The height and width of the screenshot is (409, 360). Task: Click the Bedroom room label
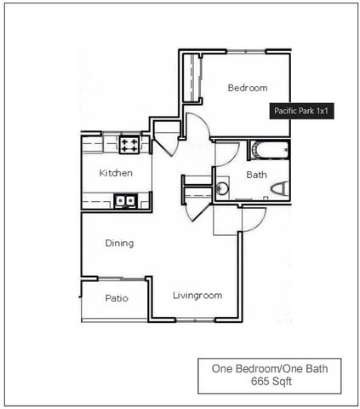[x=248, y=88]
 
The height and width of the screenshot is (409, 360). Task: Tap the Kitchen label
[x=116, y=173]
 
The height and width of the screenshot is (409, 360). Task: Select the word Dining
[x=119, y=244]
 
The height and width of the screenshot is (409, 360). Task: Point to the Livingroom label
[x=197, y=296]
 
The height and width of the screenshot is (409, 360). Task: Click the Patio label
[x=117, y=298]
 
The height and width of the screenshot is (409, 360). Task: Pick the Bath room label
[x=256, y=175]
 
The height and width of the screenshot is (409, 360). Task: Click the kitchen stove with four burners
[x=129, y=145]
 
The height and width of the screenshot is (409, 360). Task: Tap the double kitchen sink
[x=125, y=201]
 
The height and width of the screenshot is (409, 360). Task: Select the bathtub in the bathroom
[x=270, y=150]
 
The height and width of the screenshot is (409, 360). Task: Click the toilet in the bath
[x=280, y=189]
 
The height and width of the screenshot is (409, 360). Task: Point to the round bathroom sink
[x=222, y=187]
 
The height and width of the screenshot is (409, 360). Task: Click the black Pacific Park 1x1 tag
[x=301, y=111]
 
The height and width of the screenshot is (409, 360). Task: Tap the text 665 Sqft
[x=271, y=382]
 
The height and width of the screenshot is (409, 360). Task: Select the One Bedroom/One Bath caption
[x=270, y=369]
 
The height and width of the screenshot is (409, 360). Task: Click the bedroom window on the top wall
[x=246, y=51]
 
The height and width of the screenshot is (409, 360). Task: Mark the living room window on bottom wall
[x=195, y=320]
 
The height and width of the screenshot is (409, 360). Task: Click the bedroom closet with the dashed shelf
[x=192, y=78]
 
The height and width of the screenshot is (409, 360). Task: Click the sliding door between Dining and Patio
[x=122, y=279]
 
